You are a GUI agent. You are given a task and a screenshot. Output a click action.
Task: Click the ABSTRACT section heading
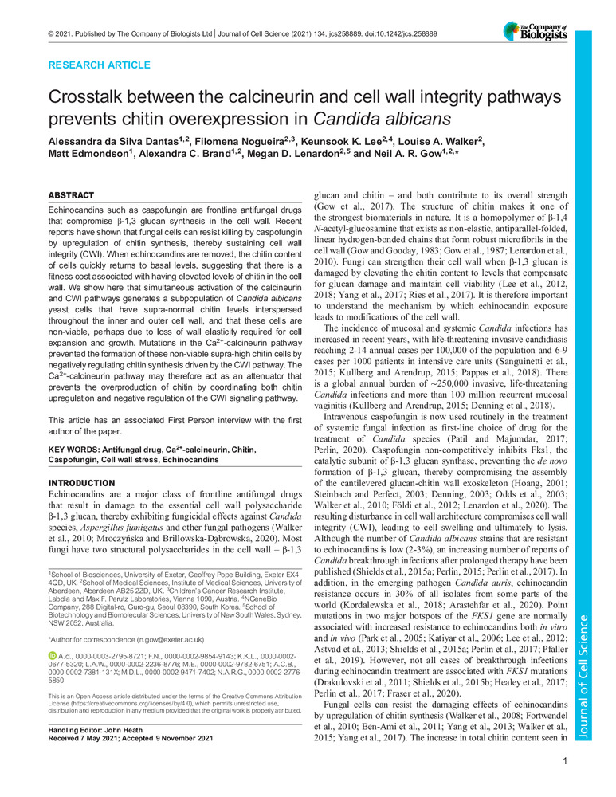tap(72, 195)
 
